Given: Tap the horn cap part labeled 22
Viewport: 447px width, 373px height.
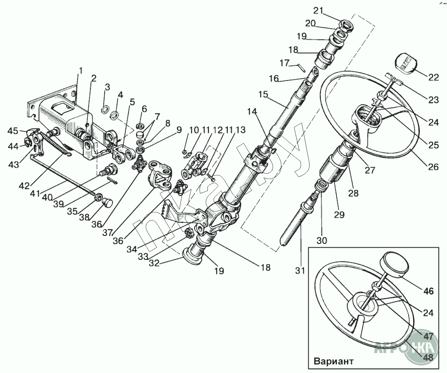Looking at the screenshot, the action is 404,63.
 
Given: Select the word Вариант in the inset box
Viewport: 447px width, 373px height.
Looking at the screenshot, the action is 334,361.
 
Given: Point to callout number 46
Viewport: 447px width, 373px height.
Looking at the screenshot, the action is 428,291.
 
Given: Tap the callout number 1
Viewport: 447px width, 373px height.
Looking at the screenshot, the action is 81,70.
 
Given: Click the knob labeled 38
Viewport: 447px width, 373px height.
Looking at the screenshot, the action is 107,203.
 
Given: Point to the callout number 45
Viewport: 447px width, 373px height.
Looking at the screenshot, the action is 13,131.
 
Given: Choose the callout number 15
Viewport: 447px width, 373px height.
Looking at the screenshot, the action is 264,94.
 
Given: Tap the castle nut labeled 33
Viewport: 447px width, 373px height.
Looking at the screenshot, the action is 190,233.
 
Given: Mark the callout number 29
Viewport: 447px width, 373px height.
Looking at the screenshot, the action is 339,214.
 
